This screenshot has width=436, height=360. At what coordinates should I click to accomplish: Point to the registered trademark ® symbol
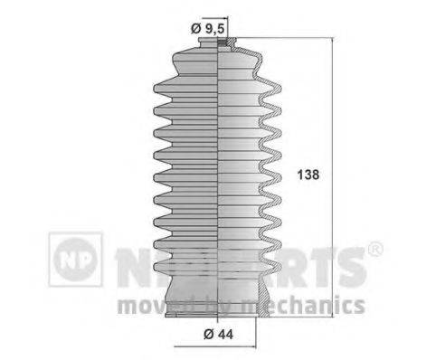pyautogui.click(x=377, y=248)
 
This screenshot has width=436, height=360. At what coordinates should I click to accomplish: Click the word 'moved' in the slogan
pyautogui.click(x=148, y=304)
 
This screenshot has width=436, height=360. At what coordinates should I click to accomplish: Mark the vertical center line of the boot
pyautogui.click(x=223, y=181)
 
